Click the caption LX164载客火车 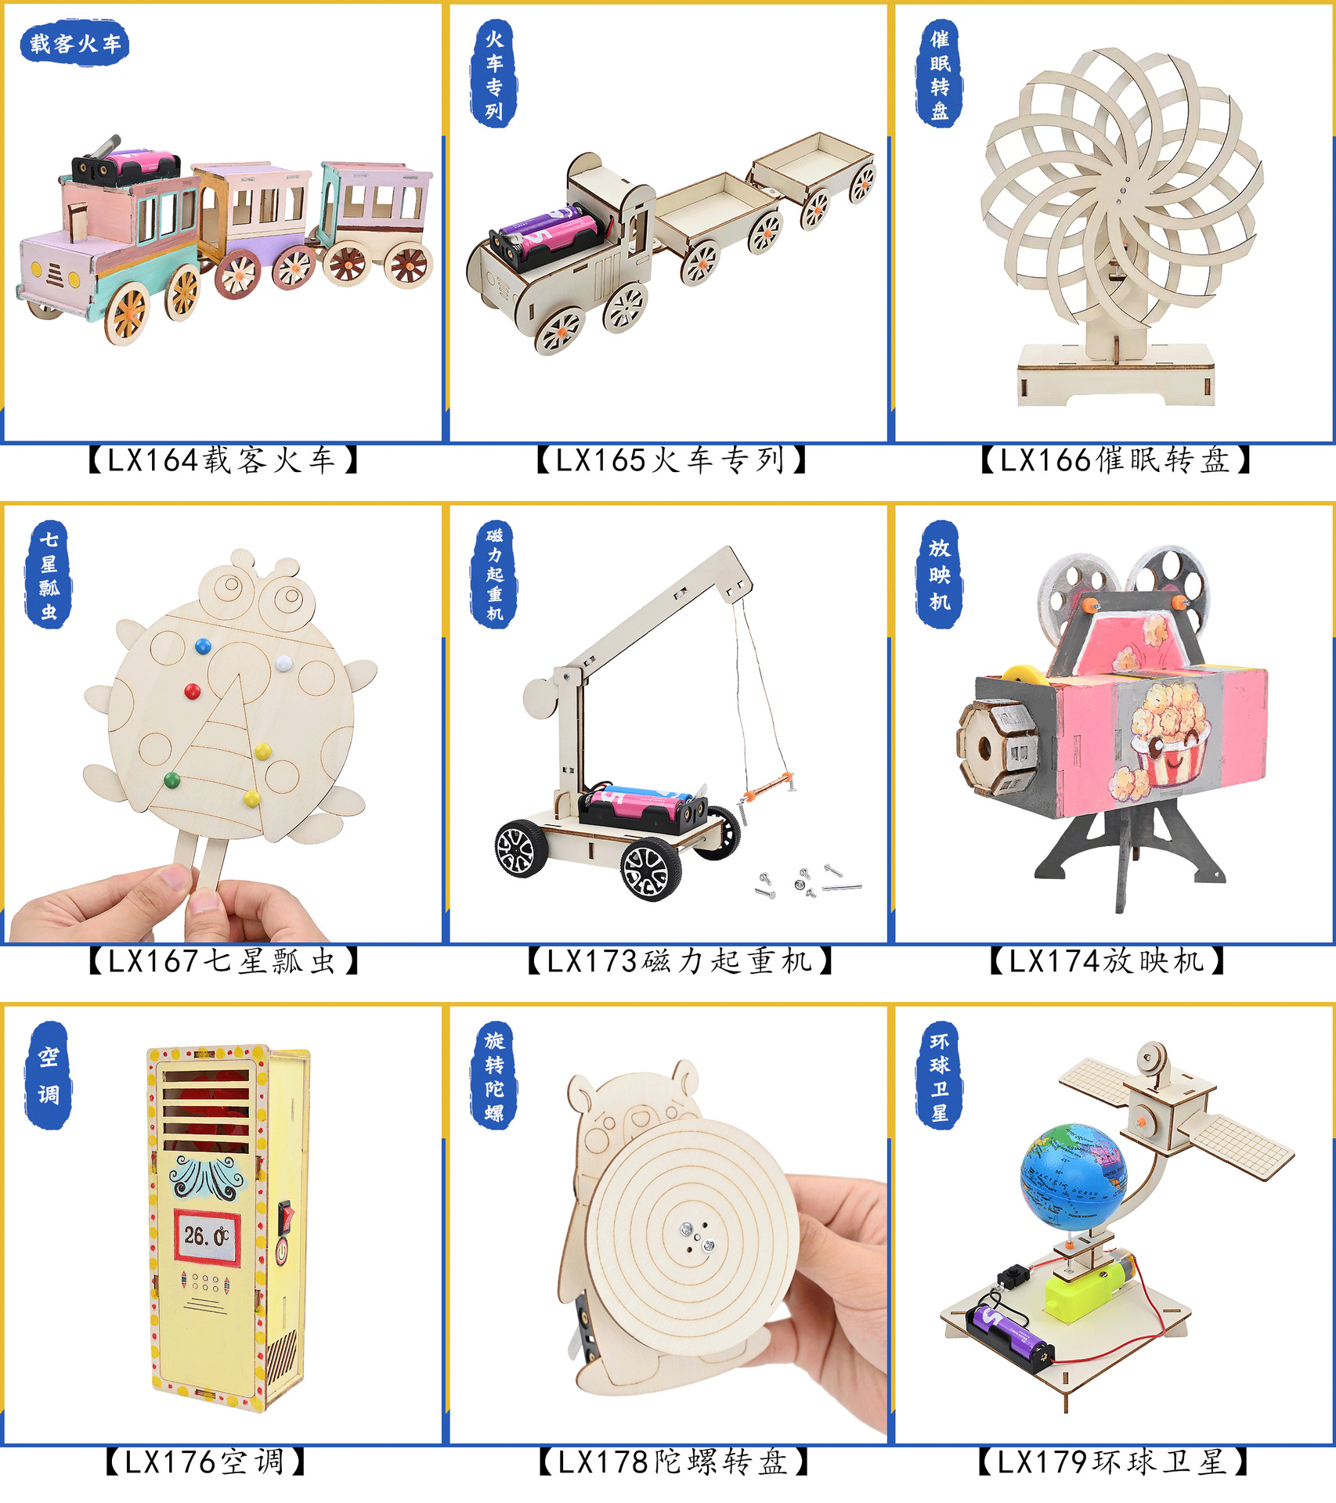[222, 460]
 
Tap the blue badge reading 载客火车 [74, 44]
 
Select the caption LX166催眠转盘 [1115, 460]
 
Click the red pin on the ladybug [193, 691]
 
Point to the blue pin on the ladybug [203, 647]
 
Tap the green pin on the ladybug [172, 780]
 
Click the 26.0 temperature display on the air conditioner [206, 1236]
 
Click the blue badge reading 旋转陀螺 [494, 1076]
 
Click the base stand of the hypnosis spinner [1115, 374]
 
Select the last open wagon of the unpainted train [814, 177]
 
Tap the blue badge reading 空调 [49, 1076]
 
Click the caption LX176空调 [205, 1462]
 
